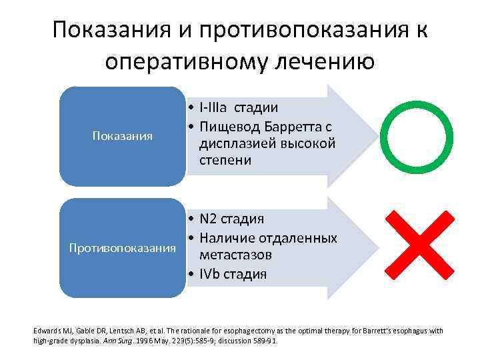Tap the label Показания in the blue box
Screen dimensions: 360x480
[121, 137]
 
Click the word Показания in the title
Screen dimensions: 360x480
[111, 30]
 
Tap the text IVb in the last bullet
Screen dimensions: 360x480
[209, 273]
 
